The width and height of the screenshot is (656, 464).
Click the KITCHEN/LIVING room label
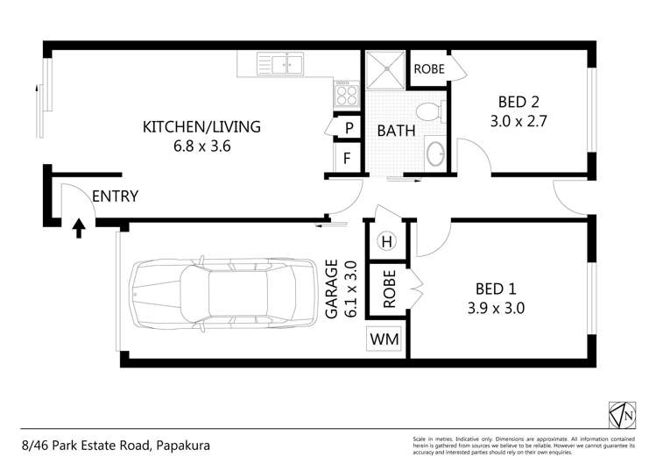[x=201, y=126]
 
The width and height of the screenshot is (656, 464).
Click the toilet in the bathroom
[x=429, y=112]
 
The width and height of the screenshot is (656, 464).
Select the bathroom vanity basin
[x=434, y=155]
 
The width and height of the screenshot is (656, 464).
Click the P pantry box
[x=347, y=128]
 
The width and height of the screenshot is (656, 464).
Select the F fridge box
[x=347, y=159]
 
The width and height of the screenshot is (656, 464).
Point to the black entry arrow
[x=78, y=230]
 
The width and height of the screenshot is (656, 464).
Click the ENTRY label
[x=115, y=196]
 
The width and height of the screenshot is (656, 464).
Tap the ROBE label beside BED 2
[x=428, y=69]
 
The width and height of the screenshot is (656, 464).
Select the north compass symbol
[x=620, y=411]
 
